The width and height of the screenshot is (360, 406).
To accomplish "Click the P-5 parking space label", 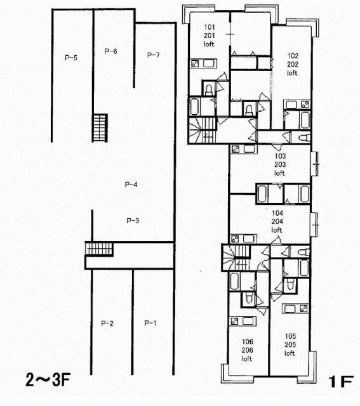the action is point(70,58).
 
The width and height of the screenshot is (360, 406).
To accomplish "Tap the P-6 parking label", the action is point(110,51).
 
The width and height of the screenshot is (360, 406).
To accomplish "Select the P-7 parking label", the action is point(153,55).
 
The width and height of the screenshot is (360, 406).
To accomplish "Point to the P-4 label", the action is point(131,185).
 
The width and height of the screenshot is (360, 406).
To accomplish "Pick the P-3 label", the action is point(133,221).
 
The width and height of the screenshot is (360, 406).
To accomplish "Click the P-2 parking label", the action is point(107,323).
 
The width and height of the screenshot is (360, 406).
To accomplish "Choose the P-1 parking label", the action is point(150,323).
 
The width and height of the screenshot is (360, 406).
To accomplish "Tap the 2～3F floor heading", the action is point(48,380).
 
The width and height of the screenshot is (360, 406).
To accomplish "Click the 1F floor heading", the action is point(341,381).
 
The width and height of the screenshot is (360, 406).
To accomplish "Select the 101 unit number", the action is point(210,27).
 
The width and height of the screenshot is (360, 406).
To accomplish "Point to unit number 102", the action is point(293,56).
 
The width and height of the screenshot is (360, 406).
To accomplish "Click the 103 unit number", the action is point(280,156).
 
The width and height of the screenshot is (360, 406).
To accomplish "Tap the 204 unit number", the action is point(277,221).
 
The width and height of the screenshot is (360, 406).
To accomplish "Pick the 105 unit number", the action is point(290,336).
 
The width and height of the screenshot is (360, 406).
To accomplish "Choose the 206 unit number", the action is point(247,350).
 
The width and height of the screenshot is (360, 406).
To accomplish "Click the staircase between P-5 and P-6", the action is point(100,128).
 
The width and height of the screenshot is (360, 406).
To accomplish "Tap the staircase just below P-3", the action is point(99,249).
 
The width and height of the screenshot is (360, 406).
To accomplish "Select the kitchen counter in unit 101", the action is point(204,63).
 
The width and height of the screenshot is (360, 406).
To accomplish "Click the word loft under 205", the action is point(290,353).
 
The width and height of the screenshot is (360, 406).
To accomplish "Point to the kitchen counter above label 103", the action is point(244,149).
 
